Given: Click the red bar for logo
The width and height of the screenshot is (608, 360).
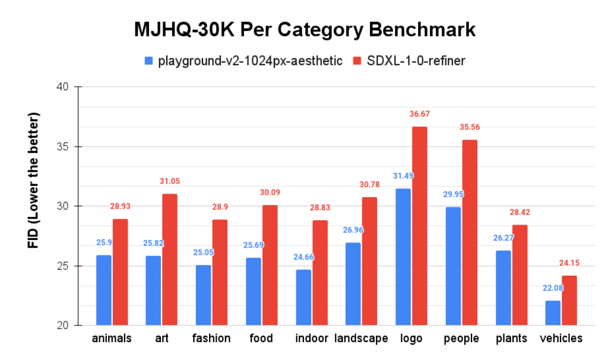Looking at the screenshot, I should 420,226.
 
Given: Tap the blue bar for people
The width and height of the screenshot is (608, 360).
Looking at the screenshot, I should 453,266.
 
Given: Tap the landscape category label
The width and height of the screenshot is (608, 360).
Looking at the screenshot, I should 361,339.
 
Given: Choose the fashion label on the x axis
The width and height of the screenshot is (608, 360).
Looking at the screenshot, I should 211,339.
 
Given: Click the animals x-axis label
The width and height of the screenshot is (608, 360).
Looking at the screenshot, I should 112,339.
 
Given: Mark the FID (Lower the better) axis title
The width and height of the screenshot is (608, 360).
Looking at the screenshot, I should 34,179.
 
